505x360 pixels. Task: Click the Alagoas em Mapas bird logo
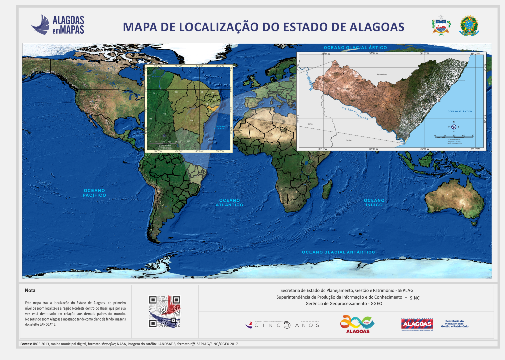(40, 25)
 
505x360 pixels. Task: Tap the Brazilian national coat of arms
(469, 26)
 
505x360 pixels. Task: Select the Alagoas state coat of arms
(441, 25)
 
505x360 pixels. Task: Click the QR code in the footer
(165, 311)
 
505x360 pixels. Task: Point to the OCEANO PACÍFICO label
(94, 193)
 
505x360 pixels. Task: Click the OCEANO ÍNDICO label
(374, 203)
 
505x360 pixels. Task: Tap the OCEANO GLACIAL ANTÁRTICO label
(338, 252)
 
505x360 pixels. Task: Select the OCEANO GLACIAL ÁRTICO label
(355, 48)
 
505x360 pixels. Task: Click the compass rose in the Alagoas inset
(454, 127)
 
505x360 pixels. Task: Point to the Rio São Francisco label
(354, 113)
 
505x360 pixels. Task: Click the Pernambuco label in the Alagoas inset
(382, 75)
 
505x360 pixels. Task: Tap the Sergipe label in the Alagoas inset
(349, 140)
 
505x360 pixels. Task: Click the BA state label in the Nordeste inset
(192, 120)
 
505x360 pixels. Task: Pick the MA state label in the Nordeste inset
(176, 92)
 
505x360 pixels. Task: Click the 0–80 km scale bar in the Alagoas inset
(454, 136)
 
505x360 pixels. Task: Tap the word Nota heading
(30, 290)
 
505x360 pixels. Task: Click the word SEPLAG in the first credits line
(405, 290)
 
